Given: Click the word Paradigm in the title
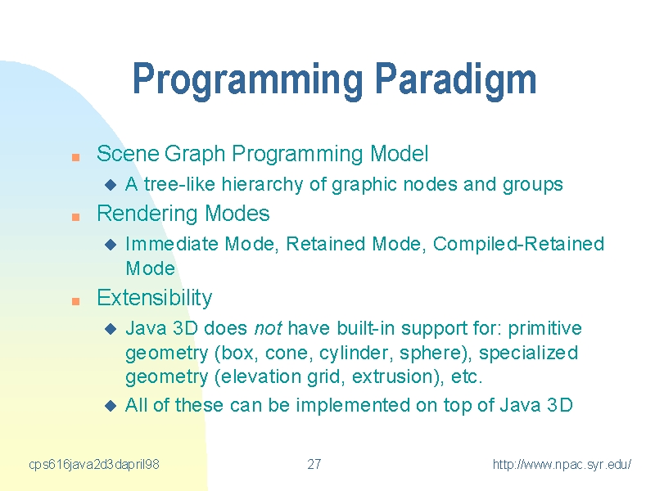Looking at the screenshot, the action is click(455, 80).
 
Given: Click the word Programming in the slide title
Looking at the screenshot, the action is click(248, 80).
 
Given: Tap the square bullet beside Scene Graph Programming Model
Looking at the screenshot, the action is click(75, 157).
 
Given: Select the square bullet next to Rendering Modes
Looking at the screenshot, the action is click(75, 217).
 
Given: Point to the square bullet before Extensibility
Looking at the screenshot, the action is click(75, 301).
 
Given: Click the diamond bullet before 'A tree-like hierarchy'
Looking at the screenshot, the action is click(111, 185).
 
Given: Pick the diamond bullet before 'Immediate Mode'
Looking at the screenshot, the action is click(111, 244).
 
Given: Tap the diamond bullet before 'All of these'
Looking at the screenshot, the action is click(111, 405).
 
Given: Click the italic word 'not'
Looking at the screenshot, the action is click(268, 329).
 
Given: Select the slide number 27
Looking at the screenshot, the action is click(314, 464).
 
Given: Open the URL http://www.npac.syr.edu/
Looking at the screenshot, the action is click(562, 464).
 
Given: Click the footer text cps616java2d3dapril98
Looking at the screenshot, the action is click(94, 464).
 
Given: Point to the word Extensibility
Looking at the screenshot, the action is click(155, 298).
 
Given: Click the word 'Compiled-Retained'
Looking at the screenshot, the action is click(518, 244).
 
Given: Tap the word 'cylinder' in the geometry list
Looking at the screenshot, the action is click(356, 354).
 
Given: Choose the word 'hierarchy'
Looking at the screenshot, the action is click(262, 185).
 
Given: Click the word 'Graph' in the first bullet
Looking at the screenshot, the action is click(195, 154).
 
